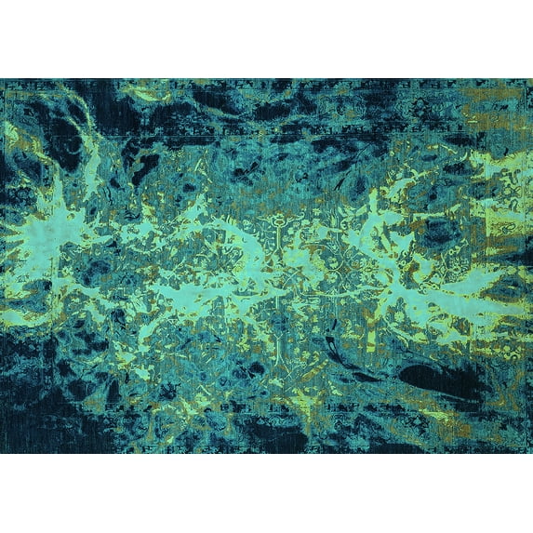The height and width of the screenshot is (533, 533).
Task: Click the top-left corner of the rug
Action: (1, 79)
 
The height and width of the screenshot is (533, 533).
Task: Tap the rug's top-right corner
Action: (531, 79)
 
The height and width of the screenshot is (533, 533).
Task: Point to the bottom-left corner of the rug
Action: (1, 453)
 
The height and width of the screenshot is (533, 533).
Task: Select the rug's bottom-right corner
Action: (531, 453)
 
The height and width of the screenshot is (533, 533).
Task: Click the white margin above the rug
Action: (266, 37)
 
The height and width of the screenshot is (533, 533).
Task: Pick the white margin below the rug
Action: (266, 493)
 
